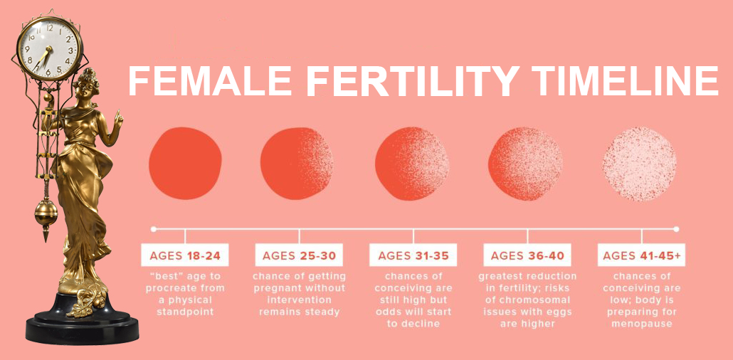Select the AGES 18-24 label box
(x=184, y=255)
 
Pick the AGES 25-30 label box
(x=299, y=255)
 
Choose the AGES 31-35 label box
(x=413, y=255)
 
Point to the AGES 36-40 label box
(x=527, y=255)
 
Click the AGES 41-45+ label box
(x=641, y=255)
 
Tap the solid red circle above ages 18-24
(x=185, y=163)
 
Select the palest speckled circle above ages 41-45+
(x=640, y=163)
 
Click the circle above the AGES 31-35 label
(x=412, y=163)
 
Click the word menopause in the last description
(x=641, y=323)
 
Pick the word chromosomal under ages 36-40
(x=527, y=300)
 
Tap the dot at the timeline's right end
(x=676, y=229)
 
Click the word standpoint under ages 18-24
(x=184, y=312)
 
